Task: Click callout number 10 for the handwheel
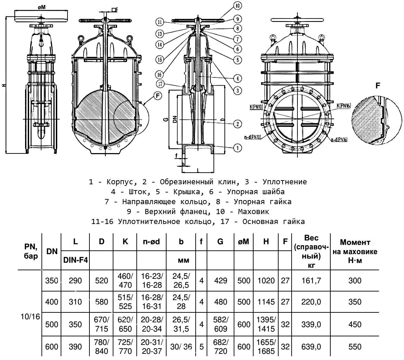[x=237, y=5]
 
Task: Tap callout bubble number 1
[x=237, y=148]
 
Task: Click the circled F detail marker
[x=157, y=96]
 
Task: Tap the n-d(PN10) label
[x=253, y=137]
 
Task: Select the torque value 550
[x=355, y=347]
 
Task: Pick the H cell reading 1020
[x=266, y=281]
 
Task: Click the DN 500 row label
[x=52, y=324]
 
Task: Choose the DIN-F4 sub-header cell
[x=75, y=260]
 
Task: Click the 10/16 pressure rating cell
[x=30, y=317]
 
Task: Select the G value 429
[x=220, y=281]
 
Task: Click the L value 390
[x=75, y=347]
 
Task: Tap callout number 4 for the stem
[x=237, y=78]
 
